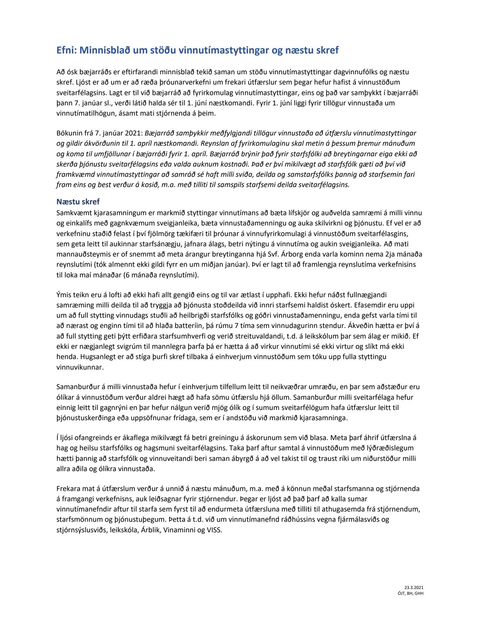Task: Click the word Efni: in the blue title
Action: [66, 51]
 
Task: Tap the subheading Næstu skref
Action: [78, 202]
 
